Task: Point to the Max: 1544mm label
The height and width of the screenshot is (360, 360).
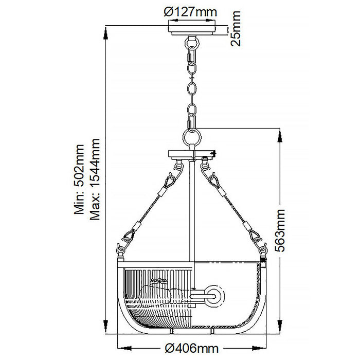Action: tap(94, 179)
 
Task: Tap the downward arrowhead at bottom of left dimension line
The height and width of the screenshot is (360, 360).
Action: tap(106, 330)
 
